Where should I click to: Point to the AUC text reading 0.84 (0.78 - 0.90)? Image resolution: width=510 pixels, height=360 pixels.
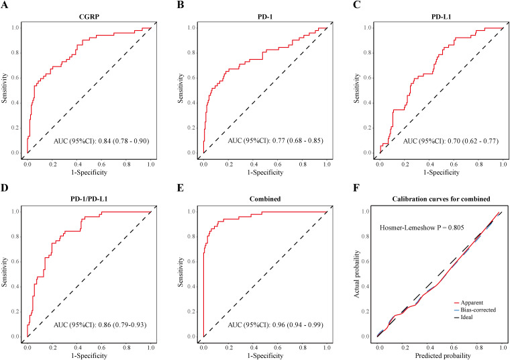pos(101,142)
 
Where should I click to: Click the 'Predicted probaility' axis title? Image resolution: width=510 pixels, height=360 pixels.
pos(440,354)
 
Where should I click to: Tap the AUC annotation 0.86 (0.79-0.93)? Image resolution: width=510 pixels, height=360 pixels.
pos(101,326)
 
